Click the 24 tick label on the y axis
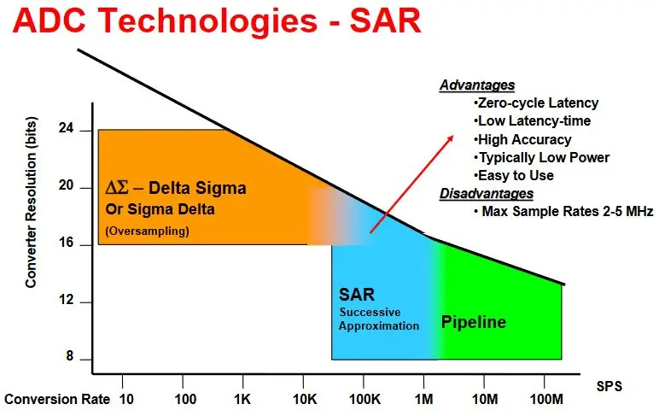66,128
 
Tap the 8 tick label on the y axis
70,356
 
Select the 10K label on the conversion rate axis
305,399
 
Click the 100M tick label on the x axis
546,399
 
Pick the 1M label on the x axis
424,399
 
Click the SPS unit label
609,386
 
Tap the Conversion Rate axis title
57,399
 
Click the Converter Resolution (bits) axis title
31,202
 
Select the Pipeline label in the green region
474,322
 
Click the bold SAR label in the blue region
357,295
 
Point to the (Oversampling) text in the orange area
147,231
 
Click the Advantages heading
477,85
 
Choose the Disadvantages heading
487,194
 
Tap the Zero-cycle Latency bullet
536,103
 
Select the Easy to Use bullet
514,175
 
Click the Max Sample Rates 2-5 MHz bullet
563,211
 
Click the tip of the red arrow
453,136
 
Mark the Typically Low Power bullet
541,158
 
